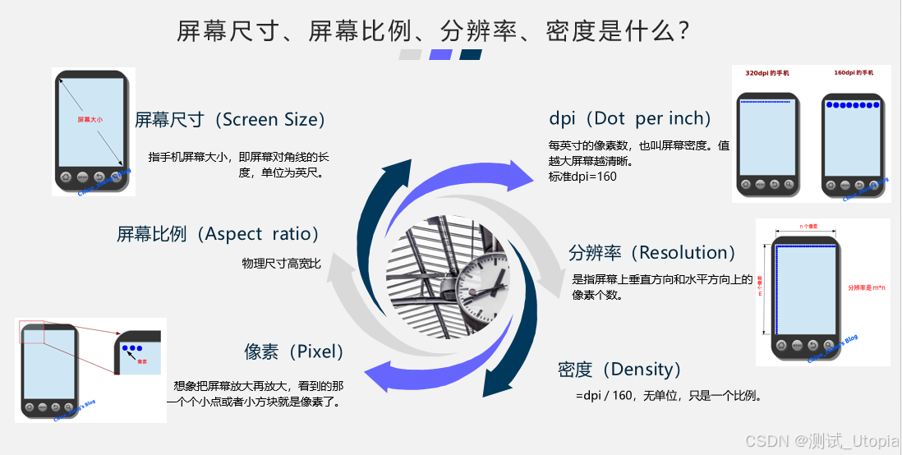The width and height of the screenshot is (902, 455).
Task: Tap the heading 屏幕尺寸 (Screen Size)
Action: (x=230, y=120)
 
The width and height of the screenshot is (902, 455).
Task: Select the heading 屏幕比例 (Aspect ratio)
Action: (x=218, y=234)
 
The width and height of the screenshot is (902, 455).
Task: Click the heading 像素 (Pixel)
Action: (x=293, y=352)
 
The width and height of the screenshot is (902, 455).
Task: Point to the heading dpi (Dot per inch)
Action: (x=629, y=119)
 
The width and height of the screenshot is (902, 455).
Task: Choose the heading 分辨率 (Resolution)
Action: (x=651, y=252)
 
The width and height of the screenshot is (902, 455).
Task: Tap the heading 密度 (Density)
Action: (x=619, y=370)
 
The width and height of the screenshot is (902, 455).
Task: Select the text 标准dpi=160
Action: (x=582, y=176)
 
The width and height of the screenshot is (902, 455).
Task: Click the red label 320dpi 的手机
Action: (x=766, y=73)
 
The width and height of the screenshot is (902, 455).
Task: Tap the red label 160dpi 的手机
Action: (x=854, y=73)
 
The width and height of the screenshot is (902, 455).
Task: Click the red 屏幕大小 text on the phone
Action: (x=90, y=120)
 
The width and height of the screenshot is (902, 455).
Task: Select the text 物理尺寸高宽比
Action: (x=281, y=264)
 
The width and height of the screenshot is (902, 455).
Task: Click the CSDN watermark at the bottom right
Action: (x=821, y=441)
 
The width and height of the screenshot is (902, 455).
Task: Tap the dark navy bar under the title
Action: (x=472, y=55)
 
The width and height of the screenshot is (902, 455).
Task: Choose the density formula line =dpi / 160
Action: (x=670, y=396)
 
